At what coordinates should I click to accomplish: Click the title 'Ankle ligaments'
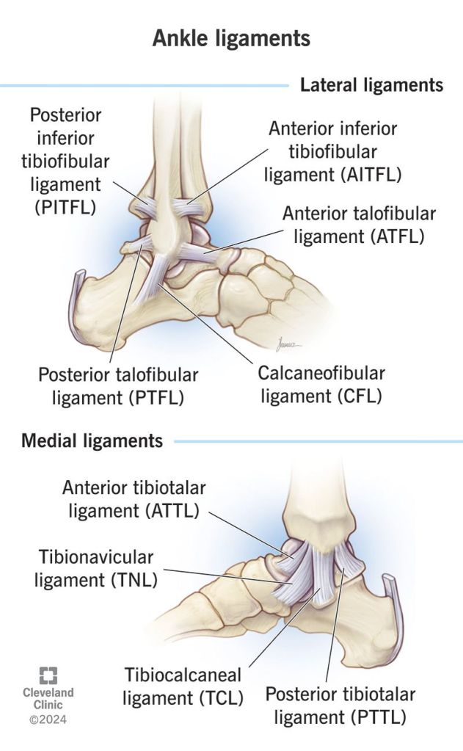231,38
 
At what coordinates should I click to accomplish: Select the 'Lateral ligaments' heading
371,85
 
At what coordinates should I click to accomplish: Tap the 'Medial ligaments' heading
92,441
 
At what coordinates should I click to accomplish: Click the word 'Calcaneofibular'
321,373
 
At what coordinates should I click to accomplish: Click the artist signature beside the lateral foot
284,342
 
